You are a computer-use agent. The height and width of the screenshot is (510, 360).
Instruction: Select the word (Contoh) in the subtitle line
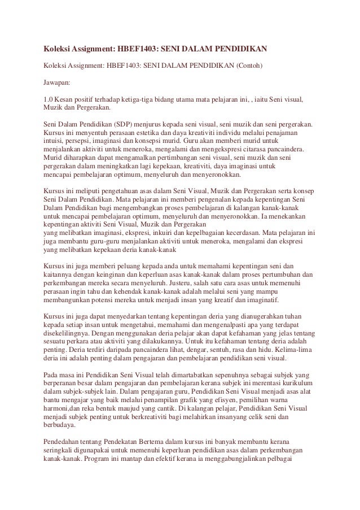[x=245, y=64]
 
